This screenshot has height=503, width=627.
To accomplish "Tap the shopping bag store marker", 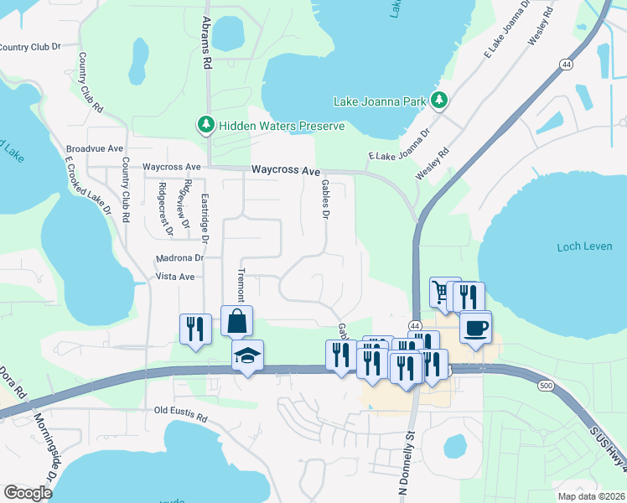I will (237, 321).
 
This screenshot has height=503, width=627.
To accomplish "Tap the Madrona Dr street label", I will (181, 259).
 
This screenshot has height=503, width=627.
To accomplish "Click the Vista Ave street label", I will (175, 276).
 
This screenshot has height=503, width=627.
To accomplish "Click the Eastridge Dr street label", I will (205, 216).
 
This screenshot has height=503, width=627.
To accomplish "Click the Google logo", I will (28, 493).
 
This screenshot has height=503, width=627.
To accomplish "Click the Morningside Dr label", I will (46, 452).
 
